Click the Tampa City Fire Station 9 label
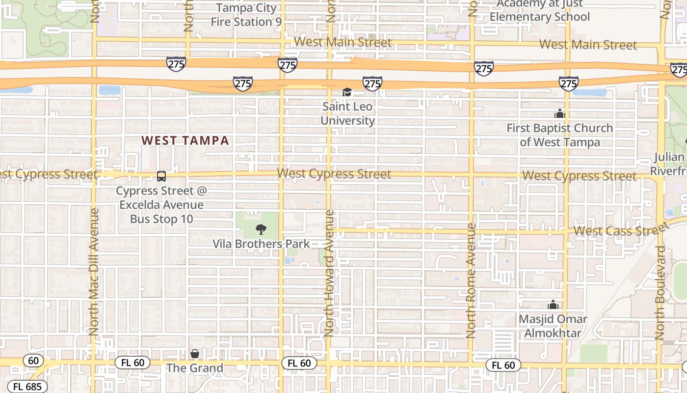[x=246, y=15]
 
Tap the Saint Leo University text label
[x=347, y=113]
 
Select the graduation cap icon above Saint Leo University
[x=347, y=92]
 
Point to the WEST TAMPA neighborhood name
[x=185, y=140]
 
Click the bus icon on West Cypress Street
[x=161, y=176]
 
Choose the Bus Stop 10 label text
[x=161, y=219]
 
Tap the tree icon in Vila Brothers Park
[x=261, y=229]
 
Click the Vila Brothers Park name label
[x=261, y=244]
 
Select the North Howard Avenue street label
[x=329, y=273]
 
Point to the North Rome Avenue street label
[x=471, y=281]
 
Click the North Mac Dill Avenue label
[x=94, y=272]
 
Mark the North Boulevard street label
[x=661, y=293]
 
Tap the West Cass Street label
[x=621, y=230]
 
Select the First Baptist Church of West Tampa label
[x=559, y=135]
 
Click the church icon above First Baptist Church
[x=559, y=114]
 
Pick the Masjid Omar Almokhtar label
[x=553, y=326]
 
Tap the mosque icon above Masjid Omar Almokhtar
[x=553, y=305]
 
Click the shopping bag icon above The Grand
[x=195, y=354]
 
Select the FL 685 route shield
[x=27, y=387]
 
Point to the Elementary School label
[x=540, y=17]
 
